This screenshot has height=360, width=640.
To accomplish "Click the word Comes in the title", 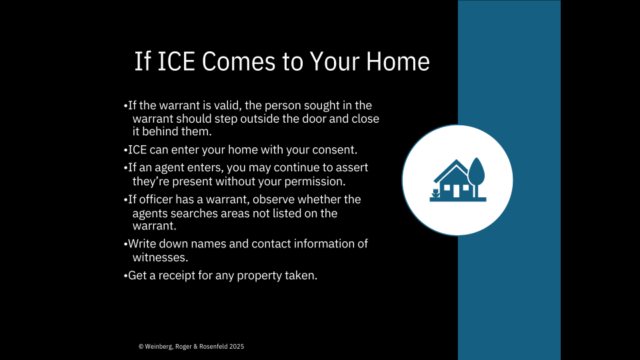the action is pyautogui.click(x=239, y=61).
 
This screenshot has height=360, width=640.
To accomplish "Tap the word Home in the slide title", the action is pyautogui.click(x=397, y=61).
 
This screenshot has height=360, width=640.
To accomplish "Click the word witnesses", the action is pyautogui.click(x=161, y=257).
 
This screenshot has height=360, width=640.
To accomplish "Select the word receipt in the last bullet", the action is pyautogui.click(x=177, y=275).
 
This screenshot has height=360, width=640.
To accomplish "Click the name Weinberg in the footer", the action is pyautogui.click(x=159, y=347).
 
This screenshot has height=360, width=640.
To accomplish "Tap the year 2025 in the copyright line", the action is pyautogui.click(x=237, y=347).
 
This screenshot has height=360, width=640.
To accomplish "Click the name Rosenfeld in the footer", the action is pyautogui.click(x=213, y=347).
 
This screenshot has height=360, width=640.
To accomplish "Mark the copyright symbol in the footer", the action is pyautogui.click(x=141, y=347).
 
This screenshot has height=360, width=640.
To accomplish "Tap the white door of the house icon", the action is pyautogui.click(x=456, y=191).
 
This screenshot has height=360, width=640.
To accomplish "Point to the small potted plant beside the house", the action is pyautogui.click(x=436, y=193).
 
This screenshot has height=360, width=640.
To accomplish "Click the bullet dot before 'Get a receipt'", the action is pyautogui.click(x=125, y=276).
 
